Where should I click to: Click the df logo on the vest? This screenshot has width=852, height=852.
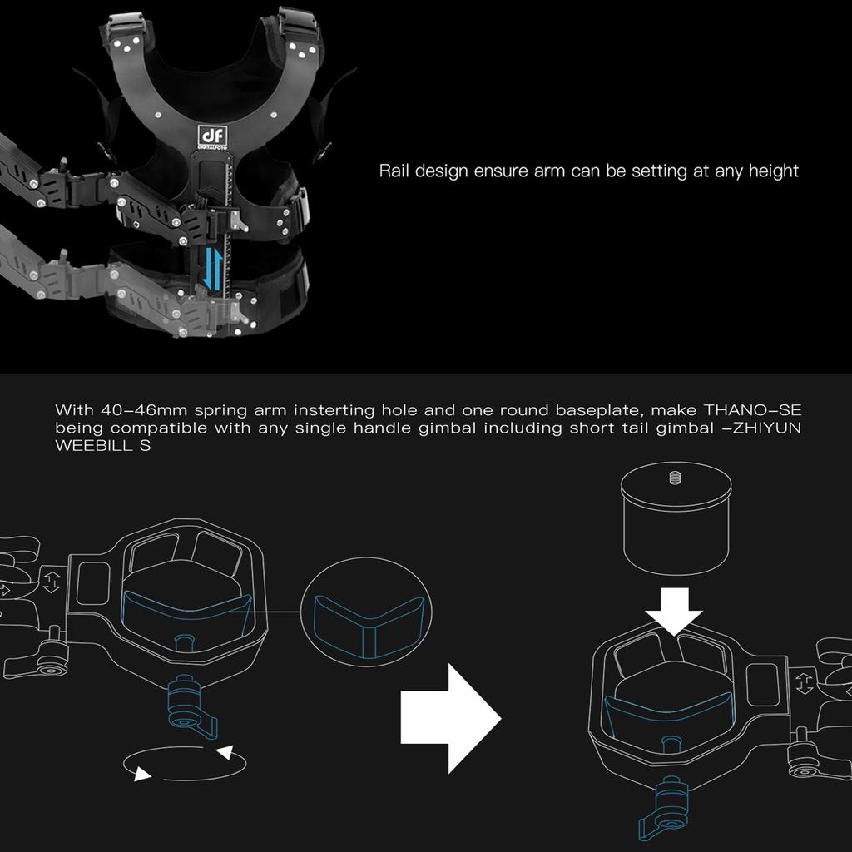[x=211, y=136]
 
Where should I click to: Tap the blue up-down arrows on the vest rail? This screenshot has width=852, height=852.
[x=212, y=270]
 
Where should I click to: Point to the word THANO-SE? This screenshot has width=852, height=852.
[x=752, y=409]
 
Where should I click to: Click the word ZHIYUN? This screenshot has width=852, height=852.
[x=767, y=428]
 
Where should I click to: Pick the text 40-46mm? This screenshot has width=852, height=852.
[x=143, y=409]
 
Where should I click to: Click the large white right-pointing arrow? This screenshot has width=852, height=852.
[x=450, y=718]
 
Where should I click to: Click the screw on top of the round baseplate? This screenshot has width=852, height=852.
[x=675, y=478]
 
